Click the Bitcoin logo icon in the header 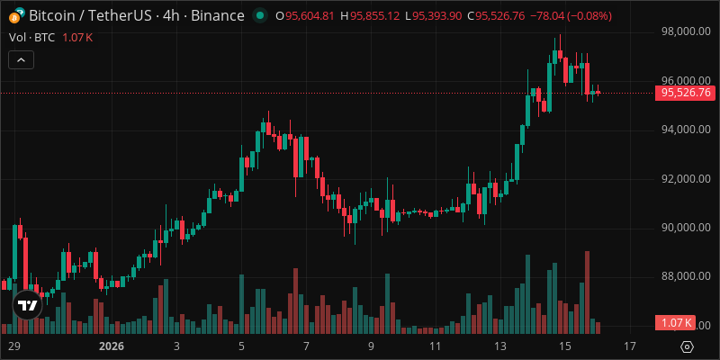[x=14, y=16]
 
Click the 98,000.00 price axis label [x=686, y=31]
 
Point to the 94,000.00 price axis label [x=686, y=130]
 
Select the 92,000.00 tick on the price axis [x=686, y=178]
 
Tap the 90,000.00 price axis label [x=686, y=228]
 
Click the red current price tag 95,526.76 [x=686, y=93]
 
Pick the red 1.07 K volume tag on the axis [x=676, y=323]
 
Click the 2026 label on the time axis [x=112, y=346]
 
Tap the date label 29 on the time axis [x=13, y=346]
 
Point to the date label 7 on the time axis [x=306, y=346]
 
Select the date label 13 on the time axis [x=500, y=346]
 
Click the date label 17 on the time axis [x=630, y=346]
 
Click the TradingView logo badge [x=28, y=306]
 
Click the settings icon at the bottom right [x=688, y=346]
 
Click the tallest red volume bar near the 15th [x=587, y=288]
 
